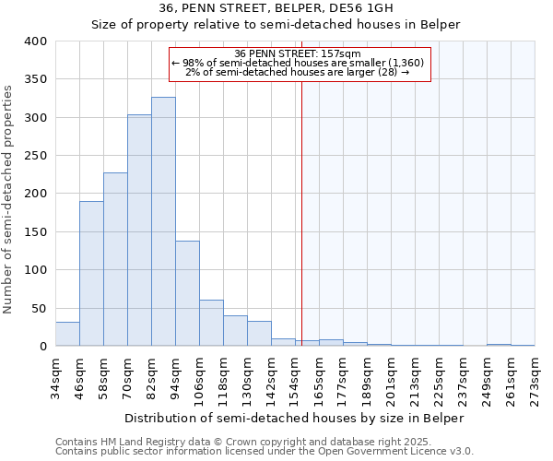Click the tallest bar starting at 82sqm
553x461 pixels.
pos(163,221)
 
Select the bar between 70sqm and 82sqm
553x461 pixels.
pos(139,230)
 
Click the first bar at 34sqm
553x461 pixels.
pos(67,334)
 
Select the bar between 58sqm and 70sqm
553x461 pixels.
pos(115,259)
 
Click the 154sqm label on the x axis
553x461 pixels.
pos(295,377)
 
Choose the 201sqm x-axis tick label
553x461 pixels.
pos(391,377)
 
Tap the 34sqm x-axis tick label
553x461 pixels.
pos(55,377)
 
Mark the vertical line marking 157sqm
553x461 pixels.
pos(301,212)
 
